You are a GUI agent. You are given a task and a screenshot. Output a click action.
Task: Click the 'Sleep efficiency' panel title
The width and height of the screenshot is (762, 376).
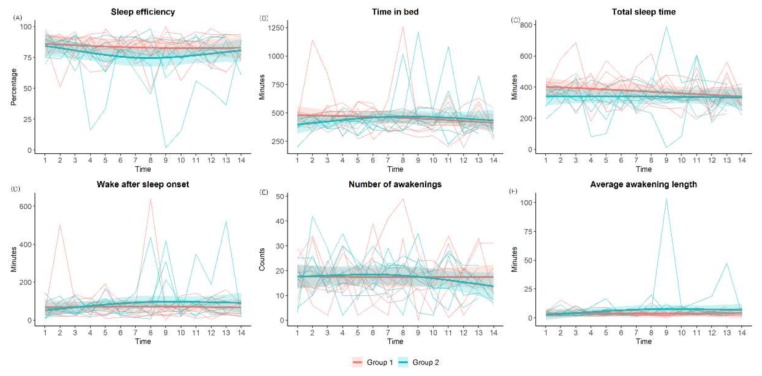(x=143, y=12)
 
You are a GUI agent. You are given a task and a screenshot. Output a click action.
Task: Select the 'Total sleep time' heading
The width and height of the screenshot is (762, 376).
(x=644, y=12)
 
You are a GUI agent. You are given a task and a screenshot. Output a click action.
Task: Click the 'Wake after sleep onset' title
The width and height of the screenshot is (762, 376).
(x=143, y=184)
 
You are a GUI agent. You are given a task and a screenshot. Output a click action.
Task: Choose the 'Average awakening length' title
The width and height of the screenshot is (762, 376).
(x=644, y=184)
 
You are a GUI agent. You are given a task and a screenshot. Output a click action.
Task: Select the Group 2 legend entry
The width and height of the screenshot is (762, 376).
(x=419, y=362)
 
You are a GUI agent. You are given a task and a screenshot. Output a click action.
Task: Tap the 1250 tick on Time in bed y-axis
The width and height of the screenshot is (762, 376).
(x=276, y=28)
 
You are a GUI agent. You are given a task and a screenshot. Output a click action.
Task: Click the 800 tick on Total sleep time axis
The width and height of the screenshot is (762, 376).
(x=526, y=25)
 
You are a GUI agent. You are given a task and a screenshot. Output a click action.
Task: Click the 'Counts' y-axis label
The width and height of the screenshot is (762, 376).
(x=262, y=259)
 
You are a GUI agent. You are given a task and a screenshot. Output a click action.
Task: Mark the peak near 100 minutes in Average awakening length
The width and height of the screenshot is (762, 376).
(x=666, y=199)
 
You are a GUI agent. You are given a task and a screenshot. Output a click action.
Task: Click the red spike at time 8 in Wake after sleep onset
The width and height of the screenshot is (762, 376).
(x=151, y=199)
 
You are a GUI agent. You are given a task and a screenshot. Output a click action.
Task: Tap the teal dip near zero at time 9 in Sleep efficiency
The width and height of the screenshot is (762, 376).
(x=166, y=147)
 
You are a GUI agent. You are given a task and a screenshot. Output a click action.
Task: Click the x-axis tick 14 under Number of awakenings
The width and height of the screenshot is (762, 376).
(x=493, y=333)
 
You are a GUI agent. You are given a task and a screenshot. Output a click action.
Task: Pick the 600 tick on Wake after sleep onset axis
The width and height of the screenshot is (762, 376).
(x=25, y=206)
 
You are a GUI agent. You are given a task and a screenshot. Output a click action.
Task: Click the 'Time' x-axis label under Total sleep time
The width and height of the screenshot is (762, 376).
(x=644, y=169)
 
